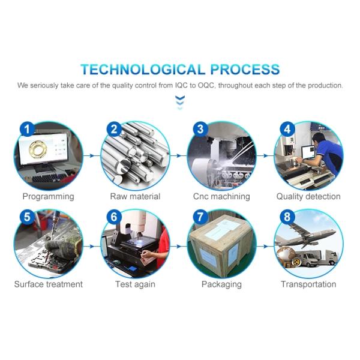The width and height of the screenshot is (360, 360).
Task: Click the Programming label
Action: pos(48,196)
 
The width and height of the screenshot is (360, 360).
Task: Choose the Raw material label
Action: pos(135,196)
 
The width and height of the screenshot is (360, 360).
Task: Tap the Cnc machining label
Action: pos(221,196)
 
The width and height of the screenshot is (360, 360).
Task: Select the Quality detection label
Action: pos(308,196)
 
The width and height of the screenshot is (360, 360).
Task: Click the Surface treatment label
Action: pos(48,284)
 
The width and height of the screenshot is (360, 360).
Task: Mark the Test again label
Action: pos(135,284)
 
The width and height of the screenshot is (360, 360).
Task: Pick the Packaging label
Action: pos(221,284)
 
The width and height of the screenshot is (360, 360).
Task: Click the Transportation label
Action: pos(308,284)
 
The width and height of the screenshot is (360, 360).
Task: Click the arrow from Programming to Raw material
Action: pos(92,155)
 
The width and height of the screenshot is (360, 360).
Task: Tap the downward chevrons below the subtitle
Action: pos(180,103)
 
